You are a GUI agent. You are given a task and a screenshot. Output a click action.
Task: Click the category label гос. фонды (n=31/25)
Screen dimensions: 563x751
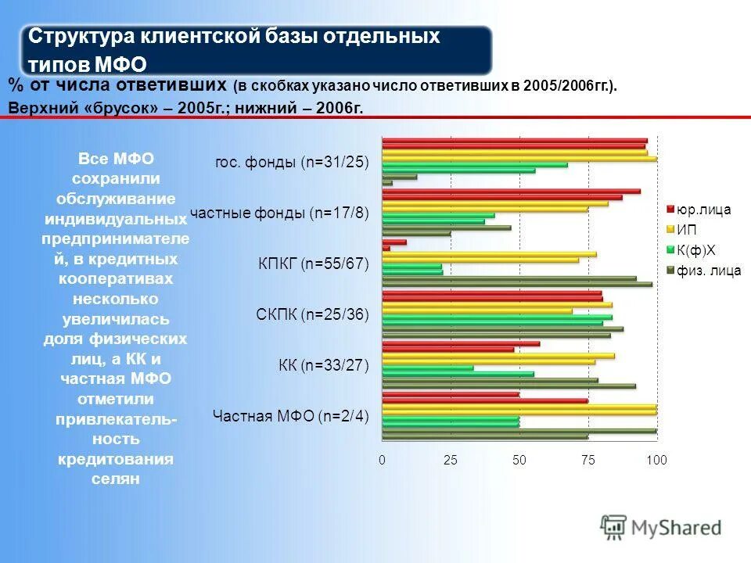292,163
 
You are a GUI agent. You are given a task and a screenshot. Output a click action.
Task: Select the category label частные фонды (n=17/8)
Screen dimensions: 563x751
279,213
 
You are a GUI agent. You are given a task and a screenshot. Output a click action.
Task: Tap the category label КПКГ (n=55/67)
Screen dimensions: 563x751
313,264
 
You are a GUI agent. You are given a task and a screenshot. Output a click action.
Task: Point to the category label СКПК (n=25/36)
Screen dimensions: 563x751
312,314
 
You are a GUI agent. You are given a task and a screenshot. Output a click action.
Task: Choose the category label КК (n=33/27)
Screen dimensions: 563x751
323,365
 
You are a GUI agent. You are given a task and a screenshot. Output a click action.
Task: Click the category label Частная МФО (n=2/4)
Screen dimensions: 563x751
291,416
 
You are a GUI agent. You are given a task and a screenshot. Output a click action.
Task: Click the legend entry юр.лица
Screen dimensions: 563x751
703,210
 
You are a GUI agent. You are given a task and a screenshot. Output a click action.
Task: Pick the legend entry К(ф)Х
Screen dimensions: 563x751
695,250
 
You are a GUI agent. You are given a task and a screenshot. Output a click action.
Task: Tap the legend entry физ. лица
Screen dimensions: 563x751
709,271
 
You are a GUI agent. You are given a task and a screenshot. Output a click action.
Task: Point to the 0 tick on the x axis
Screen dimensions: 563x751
383,461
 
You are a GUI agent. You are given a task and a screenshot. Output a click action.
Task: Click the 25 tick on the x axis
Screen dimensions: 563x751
451,461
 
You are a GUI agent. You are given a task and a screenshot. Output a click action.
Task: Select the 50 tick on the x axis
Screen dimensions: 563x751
519,461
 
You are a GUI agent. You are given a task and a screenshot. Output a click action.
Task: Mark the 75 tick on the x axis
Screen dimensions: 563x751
588,461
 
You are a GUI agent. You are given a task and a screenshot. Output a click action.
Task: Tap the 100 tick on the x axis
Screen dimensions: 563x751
656,461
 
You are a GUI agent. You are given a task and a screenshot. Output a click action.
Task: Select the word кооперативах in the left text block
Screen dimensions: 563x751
116,278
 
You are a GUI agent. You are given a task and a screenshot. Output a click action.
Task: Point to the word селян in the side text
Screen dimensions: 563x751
115,479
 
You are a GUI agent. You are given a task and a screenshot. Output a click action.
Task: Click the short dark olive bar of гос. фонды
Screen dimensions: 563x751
387,183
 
